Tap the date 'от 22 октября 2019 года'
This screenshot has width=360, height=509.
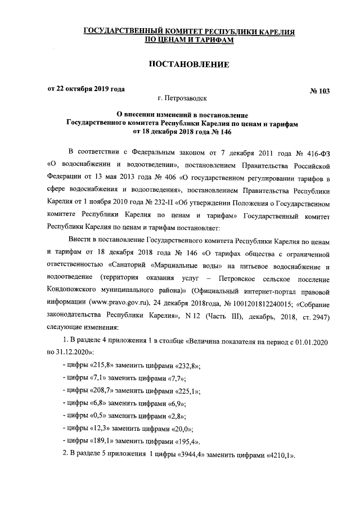pyautogui.click(x=85, y=89)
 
